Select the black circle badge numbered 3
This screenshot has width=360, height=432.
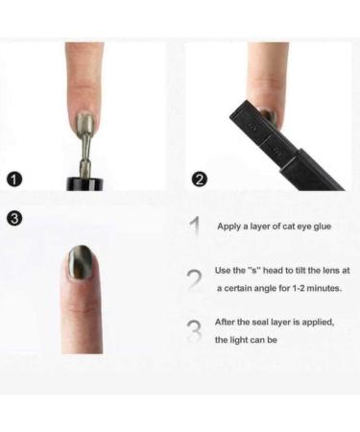tap(13, 219)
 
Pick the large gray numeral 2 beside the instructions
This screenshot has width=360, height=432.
tap(195, 279)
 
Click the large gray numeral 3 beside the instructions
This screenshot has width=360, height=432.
tap(195, 330)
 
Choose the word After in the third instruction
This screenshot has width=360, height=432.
tap(227, 323)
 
